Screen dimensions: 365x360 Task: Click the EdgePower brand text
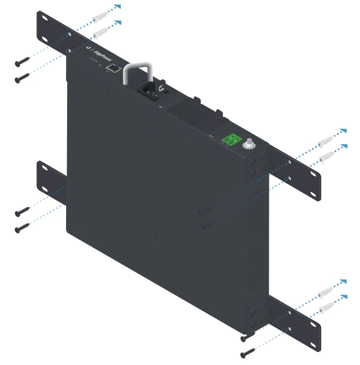click(x=102, y=53)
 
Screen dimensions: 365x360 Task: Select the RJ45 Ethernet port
click(x=111, y=68)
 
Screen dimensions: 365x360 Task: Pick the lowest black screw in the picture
click(x=247, y=353)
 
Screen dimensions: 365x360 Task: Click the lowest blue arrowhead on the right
click(x=344, y=297)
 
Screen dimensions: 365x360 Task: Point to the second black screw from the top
click(x=22, y=78)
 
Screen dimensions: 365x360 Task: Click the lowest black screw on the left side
click(x=22, y=227)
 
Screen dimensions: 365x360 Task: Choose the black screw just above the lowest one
click(x=247, y=337)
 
